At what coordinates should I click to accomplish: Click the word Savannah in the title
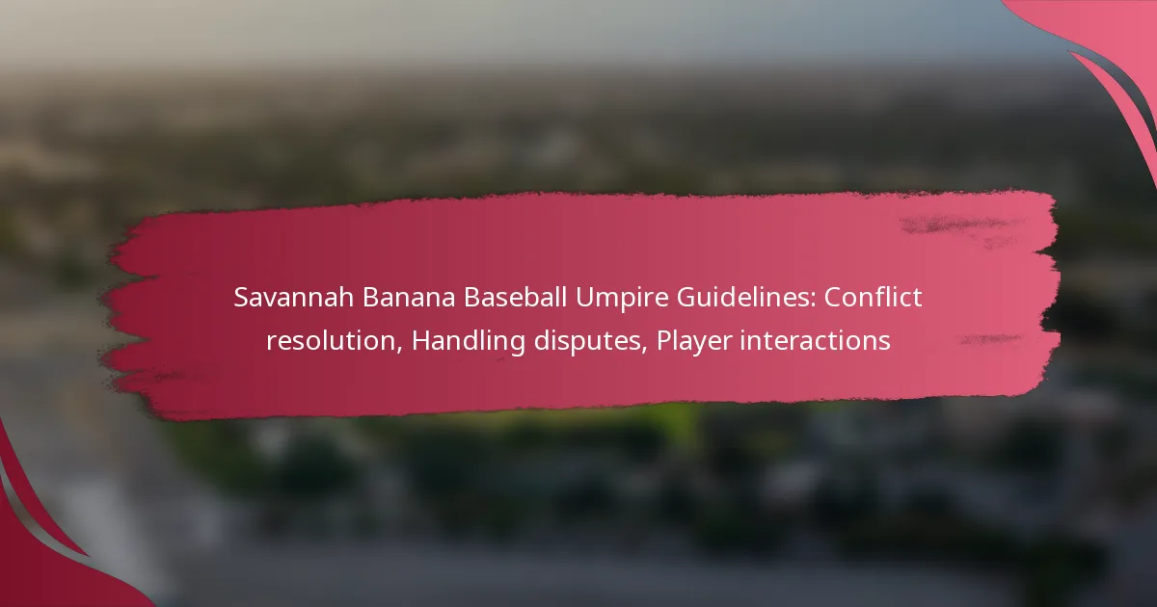click(293, 298)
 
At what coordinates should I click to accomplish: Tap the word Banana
click(408, 298)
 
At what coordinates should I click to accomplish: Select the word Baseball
click(515, 298)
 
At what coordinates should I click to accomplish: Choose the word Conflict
click(873, 298)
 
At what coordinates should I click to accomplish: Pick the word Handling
click(469, 342)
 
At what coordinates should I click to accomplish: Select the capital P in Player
click(663, 341)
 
